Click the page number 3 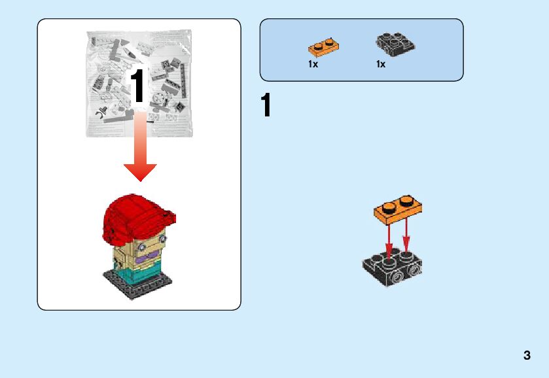[x=527, y=356]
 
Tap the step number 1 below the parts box [x=266, y=106]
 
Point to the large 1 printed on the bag [x=138, y=86]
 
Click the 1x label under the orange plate [x=313, y=64]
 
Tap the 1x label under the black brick [x=381, y=64]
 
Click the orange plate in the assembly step [x=398, y=207]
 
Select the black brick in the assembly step [x=391, y=269]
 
